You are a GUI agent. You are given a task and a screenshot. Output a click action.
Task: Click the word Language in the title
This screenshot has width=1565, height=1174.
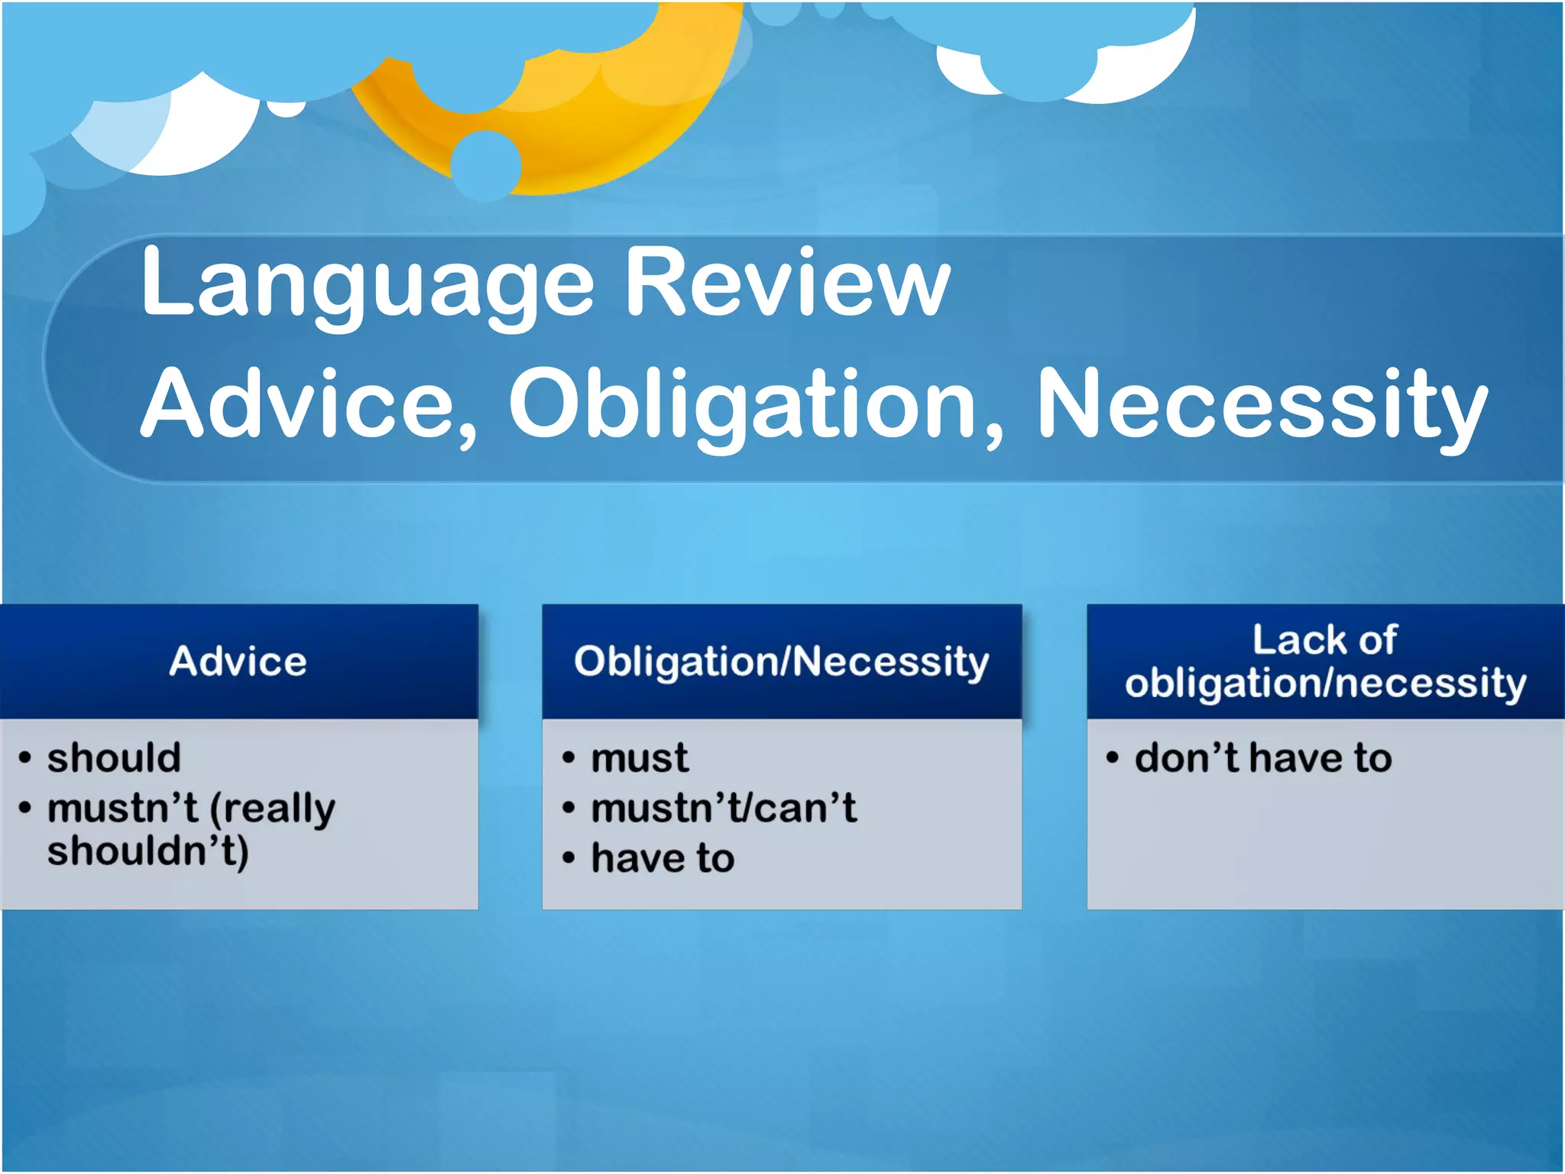(367, 284)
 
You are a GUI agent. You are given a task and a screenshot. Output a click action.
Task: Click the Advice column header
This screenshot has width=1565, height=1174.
(238, 661)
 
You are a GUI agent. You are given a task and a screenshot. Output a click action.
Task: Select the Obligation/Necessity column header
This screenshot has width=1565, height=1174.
(781, 662)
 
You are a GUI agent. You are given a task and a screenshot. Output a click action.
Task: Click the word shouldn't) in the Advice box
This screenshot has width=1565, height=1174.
(147, 851)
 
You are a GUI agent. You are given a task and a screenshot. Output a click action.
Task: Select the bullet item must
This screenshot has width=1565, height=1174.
(640, 758)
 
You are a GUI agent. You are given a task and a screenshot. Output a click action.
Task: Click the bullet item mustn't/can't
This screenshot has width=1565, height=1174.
(723, 809)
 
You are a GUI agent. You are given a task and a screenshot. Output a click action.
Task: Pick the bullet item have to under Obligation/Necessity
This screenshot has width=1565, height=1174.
(663, 858)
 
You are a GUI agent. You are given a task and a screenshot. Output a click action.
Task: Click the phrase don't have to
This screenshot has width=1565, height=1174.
(1262, 758)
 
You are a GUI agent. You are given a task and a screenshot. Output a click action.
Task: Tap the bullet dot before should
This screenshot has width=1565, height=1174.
(25, 758)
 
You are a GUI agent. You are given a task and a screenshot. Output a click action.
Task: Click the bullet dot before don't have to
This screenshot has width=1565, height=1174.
(1112, 758)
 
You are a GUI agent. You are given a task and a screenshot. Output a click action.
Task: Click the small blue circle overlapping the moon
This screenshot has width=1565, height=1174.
(485, 164)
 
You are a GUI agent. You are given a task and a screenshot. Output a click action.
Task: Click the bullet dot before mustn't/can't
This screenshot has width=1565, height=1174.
(568, 809)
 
